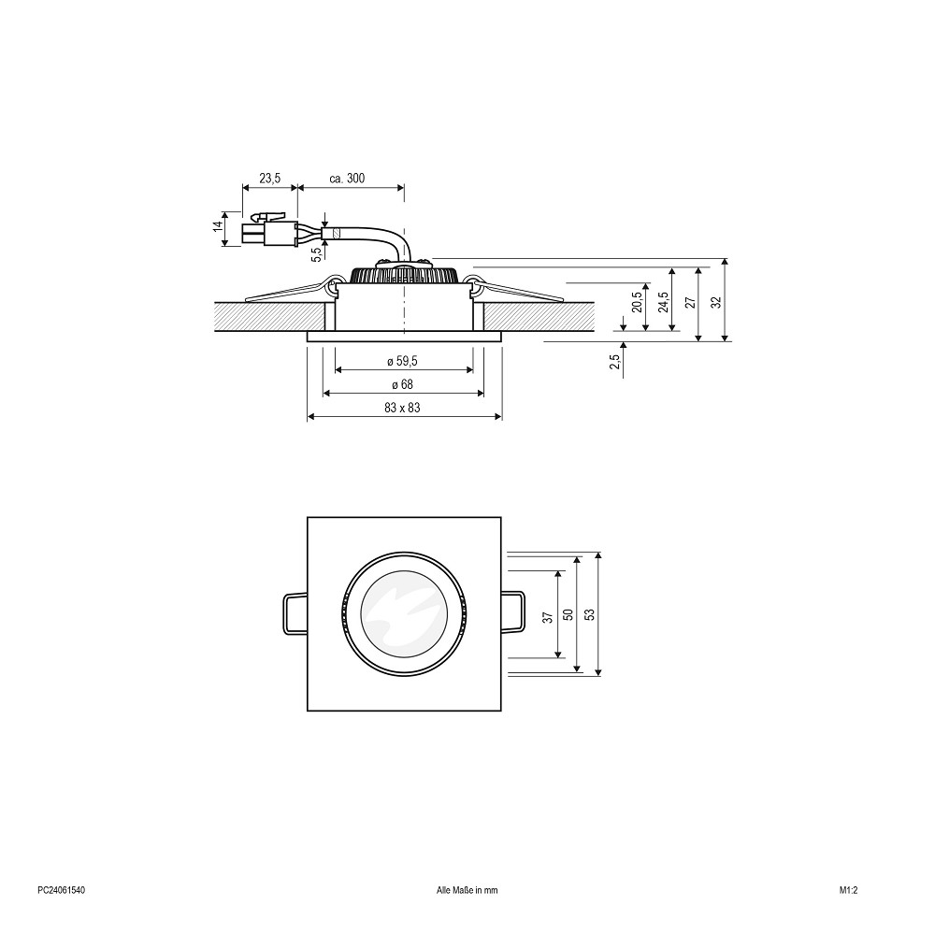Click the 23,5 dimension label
[x=269, y=179]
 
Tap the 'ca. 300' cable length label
[x=347, y=179]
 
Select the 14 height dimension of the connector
[x=218, y=226]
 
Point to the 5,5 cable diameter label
[x=317, y=253]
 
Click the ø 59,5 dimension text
[x=402, y=361]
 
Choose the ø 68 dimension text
[x=402, y=384]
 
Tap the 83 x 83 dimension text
[x=402, y=408]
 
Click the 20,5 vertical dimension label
[x=637, y=302]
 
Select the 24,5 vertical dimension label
[x=663, y=302]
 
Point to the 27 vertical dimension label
[x=691, y=302]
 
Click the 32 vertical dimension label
[x=717, y=302]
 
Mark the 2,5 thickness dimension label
[x=615, y=361]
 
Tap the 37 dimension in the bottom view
[x=548, y=616]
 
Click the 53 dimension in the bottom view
[x=590, y=614]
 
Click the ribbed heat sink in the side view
[x=404, y=275]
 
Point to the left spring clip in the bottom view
[x=294, y=613]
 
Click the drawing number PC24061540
[x=61, y=890]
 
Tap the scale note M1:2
[x=849, y=890]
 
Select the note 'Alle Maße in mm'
[x=467, y=890]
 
